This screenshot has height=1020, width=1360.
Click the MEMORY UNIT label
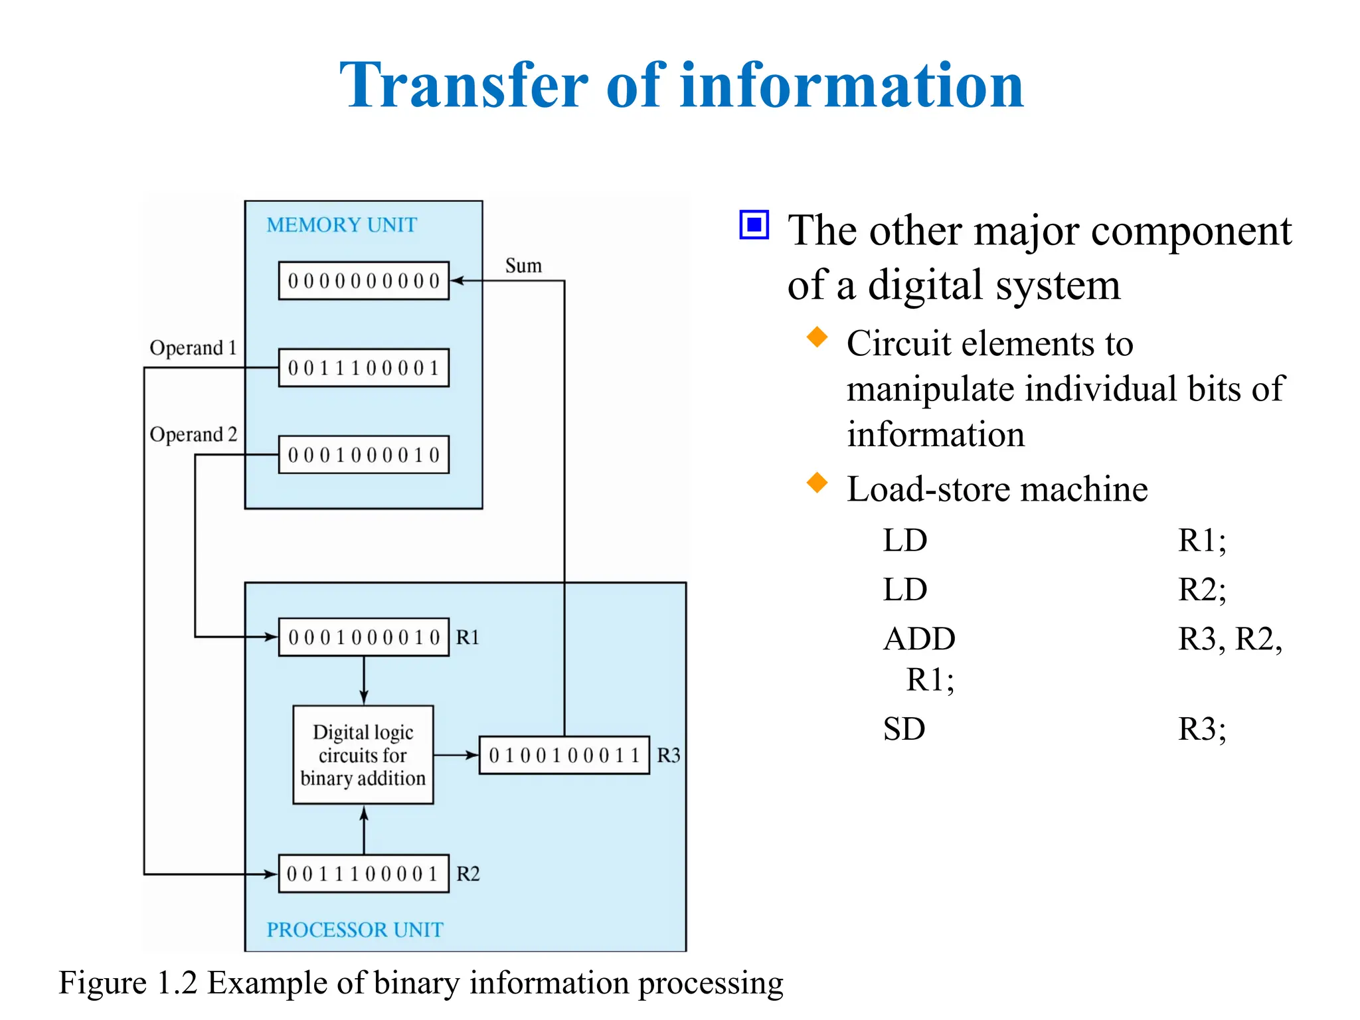(x=341, y=225)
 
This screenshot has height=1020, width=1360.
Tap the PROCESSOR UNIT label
(x=355, y=930)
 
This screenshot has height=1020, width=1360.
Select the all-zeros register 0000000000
(x=363, y=281)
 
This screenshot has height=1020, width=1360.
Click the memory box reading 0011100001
(x=363, y=368)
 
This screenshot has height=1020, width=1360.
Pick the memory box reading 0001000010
(x=363, y=455)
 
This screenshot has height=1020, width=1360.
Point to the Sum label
(x=523, y=266)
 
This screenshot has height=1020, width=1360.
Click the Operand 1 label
(x=193, y=348)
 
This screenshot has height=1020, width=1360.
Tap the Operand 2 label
(x=193, y=434)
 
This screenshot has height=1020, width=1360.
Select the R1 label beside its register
(x=467, y=637)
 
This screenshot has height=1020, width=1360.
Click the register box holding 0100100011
(x=564, y=755)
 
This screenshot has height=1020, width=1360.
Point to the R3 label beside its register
(x=668, y=756)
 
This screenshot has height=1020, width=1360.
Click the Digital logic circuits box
(x=363, y=755)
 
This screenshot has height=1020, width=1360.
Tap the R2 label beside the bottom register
(x=467, y=874)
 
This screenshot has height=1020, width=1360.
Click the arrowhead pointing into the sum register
(x=457, y=281)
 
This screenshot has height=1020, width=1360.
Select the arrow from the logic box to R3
(x=457, y=755)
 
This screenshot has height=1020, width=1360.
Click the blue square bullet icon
(x=754, y=225)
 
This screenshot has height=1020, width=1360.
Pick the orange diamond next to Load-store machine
(x=817, y=483)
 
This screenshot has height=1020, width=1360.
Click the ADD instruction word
(x=919, y=639)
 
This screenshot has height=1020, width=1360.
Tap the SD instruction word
(x=904, y=729)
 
